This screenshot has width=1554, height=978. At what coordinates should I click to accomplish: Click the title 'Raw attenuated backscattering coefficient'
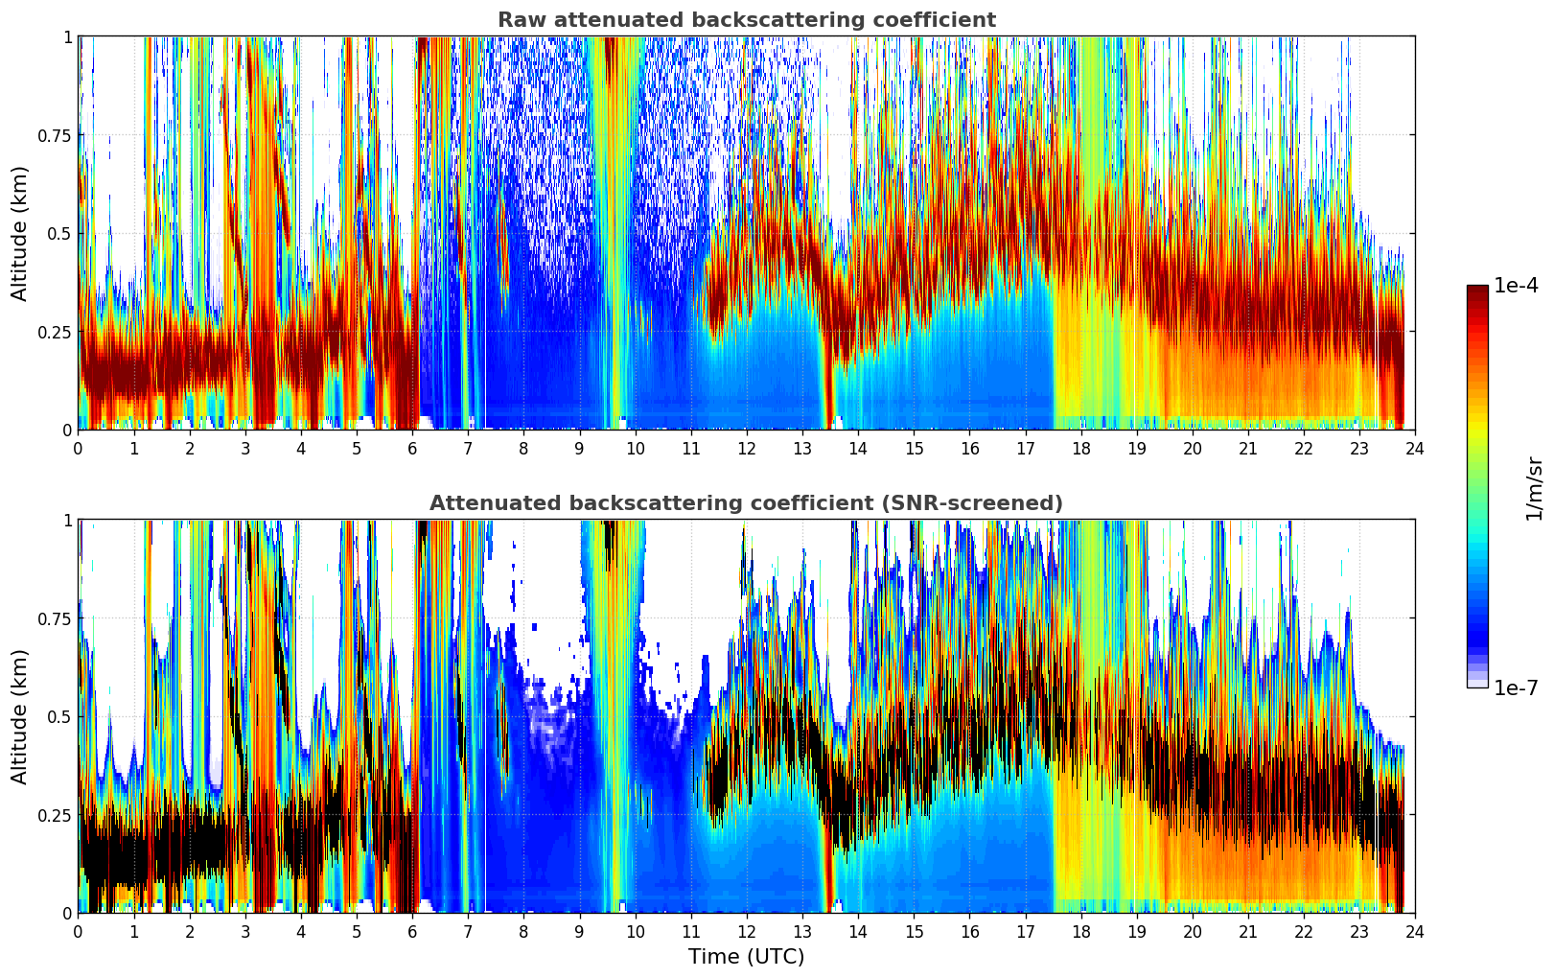coord(746,20)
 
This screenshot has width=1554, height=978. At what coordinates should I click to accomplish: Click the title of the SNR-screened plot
coord(746,503)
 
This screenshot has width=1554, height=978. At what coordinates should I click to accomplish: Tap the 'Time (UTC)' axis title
coord(746,957)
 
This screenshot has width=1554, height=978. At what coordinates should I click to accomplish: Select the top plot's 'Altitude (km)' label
coord(20,233)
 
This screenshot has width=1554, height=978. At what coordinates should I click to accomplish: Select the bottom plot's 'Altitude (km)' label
coord(20,716)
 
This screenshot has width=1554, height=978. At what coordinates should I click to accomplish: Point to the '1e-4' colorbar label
coord(1516,286)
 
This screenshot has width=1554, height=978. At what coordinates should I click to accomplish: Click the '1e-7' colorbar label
coord(1516,687)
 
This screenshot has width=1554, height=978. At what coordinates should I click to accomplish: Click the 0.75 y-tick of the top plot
coord(55,135)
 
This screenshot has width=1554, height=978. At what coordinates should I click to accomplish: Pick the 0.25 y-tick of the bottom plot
coord(55,815)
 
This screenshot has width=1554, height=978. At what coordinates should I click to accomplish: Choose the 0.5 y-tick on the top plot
coord(60,233)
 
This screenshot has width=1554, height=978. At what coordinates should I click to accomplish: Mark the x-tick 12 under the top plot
coord(747,448)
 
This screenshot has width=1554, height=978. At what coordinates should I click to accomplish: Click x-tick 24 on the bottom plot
coord(1415,931)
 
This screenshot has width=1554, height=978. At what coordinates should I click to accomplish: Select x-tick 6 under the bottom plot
coord(412,931)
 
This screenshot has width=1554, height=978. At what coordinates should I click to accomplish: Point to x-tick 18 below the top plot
coord(1080,448)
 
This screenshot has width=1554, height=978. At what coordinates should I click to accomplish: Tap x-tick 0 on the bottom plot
coord(78,931)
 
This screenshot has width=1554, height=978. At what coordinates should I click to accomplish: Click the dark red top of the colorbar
coord(1477,290)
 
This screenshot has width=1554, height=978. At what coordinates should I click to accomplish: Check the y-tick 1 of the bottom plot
coord(67,521)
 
